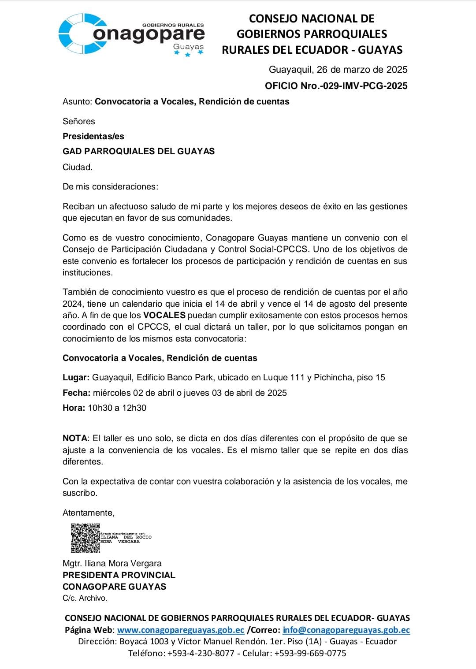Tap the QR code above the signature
tap(86, 538)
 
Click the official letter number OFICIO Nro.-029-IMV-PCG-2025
tap(336, 86)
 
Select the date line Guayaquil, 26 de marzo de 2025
tap(338, 70)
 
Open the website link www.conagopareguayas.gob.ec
tap(181, 630)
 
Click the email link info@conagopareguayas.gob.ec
tap(346, 630)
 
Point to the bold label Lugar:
tap(76, 377)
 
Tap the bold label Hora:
tap(74, 408)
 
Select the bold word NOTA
tap(75, 438)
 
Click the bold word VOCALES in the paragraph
tap(164, 315)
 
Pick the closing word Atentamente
tap(88, 513)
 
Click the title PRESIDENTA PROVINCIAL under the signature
tap(119, 575)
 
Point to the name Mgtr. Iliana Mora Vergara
tap(112, 563)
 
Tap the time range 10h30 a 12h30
tap(117, 408)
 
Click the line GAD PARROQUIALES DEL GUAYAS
tap(138, 151)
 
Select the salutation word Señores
tap(79, 121)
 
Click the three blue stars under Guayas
tap(189, 54)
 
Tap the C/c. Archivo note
tap(85, 598)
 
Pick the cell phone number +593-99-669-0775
tap(310, 653)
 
